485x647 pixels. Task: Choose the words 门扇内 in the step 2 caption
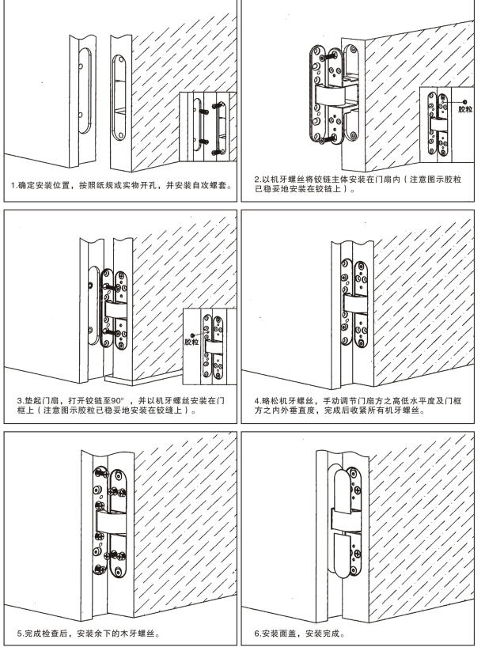[410, 179]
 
